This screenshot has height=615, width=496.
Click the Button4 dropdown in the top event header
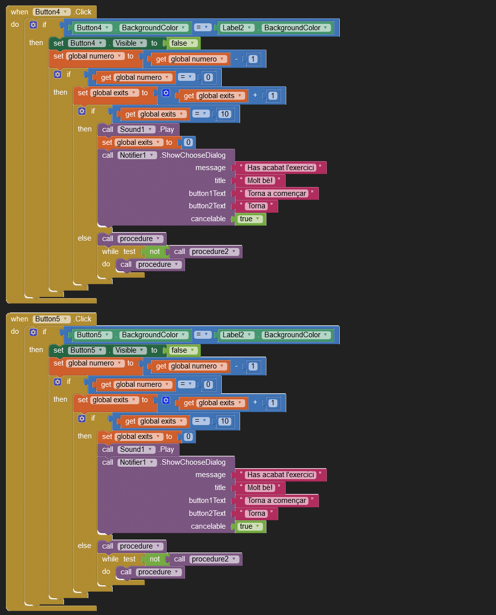[52, 12]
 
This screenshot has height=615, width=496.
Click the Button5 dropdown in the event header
[52, 319]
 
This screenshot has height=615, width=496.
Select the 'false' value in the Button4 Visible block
[183, 43]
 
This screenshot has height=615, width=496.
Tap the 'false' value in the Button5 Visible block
[183, 350]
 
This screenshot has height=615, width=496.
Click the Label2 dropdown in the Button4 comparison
[238, 28]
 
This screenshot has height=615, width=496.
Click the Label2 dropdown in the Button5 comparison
[238, 335]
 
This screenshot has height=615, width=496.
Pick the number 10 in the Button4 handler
[225, 114]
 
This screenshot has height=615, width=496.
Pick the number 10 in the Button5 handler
[225, 421]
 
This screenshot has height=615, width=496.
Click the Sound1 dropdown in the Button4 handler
[136, 129]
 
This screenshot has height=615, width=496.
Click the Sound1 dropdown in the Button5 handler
[136, 449]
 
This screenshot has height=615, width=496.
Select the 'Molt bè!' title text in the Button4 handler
[260, 181]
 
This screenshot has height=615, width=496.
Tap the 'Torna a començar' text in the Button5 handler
[277, 500]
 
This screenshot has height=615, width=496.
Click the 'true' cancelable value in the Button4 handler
[250, 219]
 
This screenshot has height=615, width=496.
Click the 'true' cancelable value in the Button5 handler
[250, 526]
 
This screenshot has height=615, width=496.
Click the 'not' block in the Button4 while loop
[155, 251]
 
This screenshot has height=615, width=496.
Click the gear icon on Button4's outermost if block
[33, 25]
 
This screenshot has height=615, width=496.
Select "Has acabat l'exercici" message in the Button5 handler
[281, 475]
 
